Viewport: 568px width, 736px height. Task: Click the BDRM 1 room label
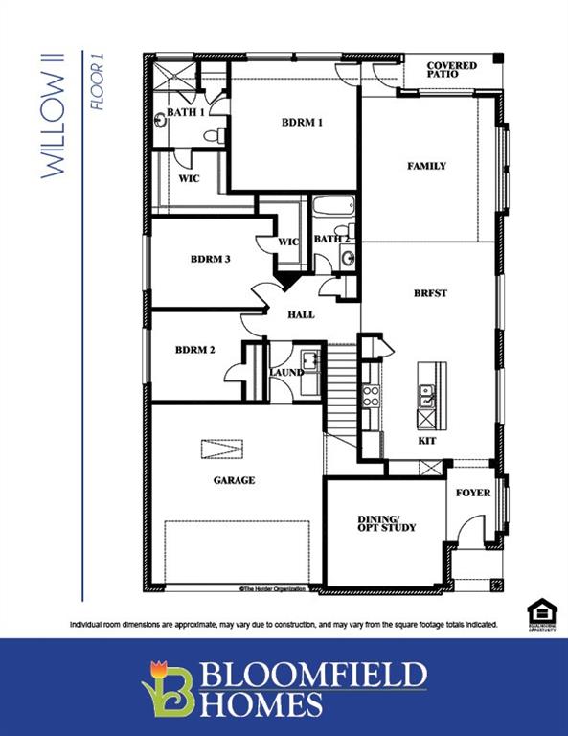pos(302,123)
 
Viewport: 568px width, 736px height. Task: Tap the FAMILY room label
pos(426,166)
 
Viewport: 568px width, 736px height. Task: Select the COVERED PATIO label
pos(452,70)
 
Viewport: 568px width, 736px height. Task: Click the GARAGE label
pos(233,480)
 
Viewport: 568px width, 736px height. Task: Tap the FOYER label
pos(472,493)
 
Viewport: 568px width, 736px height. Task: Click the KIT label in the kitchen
pos(427,441)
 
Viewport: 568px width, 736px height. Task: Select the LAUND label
pos(286,372)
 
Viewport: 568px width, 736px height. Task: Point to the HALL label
pos(301,314)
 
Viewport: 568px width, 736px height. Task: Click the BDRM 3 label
pos(210,259)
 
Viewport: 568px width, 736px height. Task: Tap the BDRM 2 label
pos(194,350)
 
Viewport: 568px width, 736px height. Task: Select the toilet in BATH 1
pos(220,135)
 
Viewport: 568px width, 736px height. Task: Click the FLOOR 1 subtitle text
pos(97,88)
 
